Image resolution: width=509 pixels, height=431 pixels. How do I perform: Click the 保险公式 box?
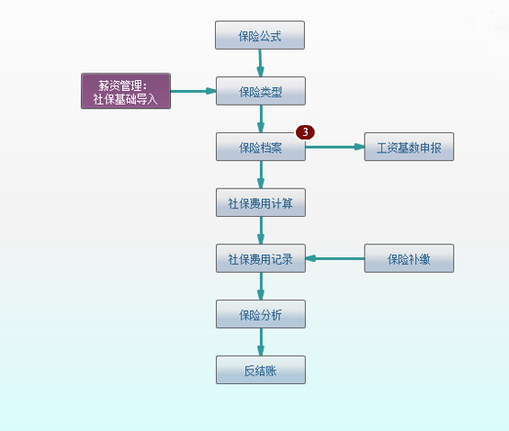point(260,35)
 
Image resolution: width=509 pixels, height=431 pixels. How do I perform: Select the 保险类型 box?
point(261,91)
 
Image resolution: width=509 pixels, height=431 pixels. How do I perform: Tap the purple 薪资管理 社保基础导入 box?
point(126,91)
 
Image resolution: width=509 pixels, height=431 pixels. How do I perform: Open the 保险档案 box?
point(261,147)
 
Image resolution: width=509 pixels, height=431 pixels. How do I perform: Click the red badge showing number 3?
point(305,132)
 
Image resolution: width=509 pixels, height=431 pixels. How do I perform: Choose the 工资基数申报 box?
point(409,147)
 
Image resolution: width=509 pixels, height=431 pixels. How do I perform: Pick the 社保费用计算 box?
point(261,203)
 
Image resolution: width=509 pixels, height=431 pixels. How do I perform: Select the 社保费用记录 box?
point(261,258)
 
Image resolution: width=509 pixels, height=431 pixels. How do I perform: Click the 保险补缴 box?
point(409,258)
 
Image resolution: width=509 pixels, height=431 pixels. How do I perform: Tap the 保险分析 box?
point(261,314)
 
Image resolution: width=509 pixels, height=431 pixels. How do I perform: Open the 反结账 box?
point(261,370)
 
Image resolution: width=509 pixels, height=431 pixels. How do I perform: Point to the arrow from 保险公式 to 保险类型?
point(260,63)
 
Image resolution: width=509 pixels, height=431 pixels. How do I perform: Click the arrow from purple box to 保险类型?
point(194,91)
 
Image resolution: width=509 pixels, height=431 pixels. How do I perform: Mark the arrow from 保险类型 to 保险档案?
point(261,119)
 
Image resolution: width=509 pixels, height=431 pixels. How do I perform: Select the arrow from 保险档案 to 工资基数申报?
point(335,147)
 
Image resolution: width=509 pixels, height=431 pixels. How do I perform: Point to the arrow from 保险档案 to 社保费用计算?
point(261,175)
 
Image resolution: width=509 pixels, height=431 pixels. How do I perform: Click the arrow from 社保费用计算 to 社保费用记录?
point(261,231)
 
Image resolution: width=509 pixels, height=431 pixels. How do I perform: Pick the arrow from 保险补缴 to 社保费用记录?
point(335,258)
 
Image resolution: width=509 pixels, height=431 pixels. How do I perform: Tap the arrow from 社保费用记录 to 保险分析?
point(261,287)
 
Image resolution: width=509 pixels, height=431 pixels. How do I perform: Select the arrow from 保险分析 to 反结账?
point(261,343)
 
